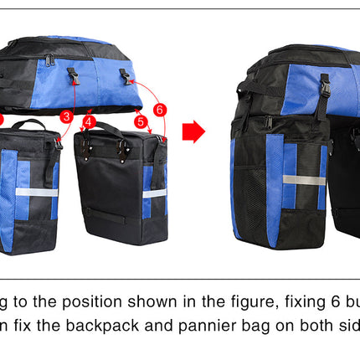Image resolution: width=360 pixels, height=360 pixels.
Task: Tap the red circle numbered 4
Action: (x=90, y=121)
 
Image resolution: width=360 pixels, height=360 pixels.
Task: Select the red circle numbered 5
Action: (x=141, y=121)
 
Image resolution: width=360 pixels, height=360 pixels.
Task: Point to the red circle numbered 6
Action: (x=159, y=108)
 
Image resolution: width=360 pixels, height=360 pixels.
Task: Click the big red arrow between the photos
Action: (x=193, y=131)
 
